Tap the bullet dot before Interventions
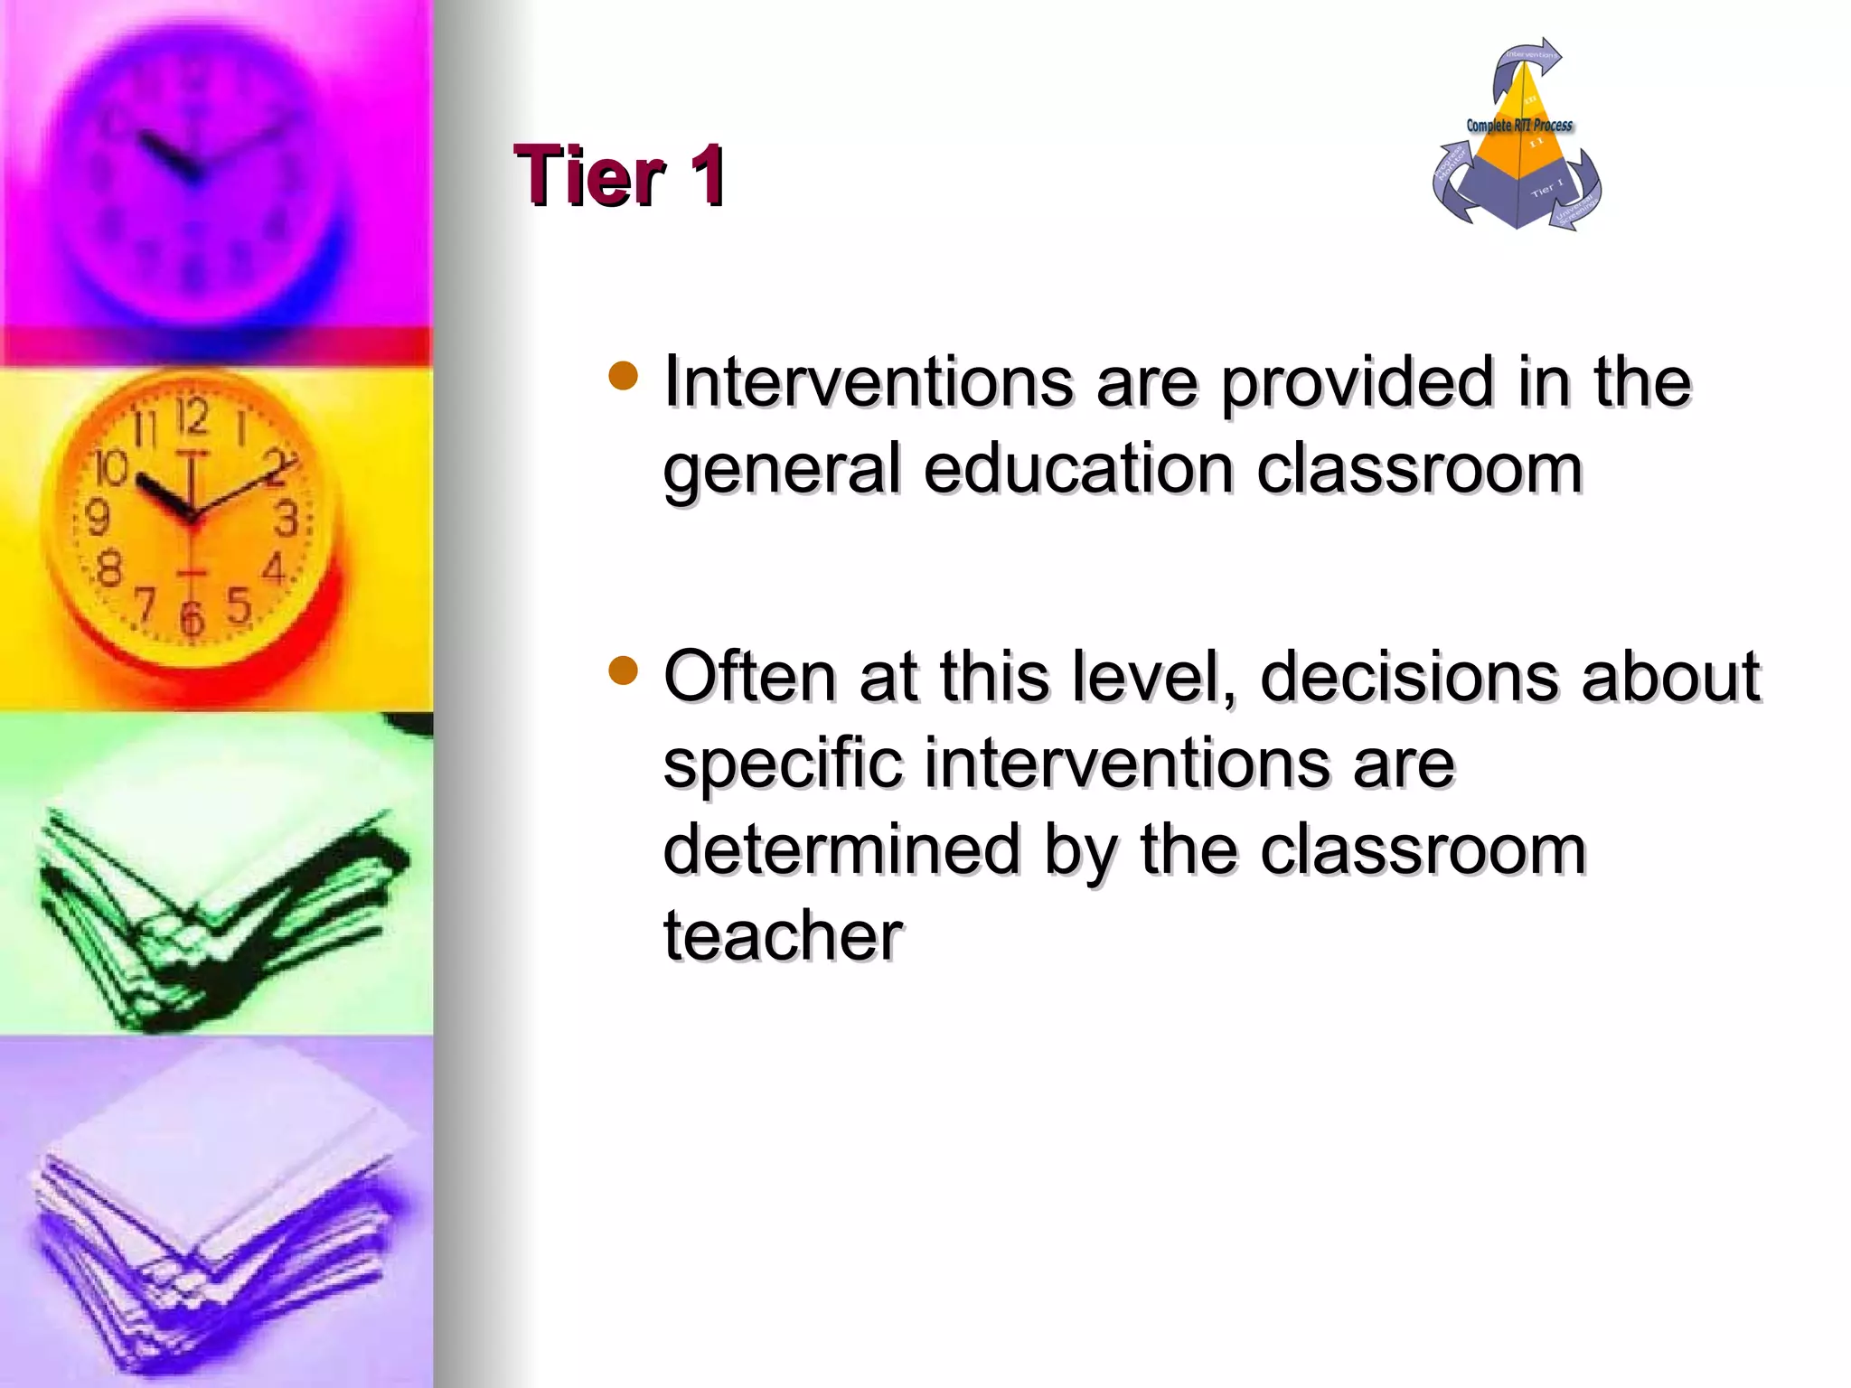point(624,375)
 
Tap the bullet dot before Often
point(624,671)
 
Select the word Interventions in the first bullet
point(869,381)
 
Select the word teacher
point(783,935)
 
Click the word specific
point(783,764)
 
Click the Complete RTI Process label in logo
point(1518,126)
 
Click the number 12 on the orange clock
point(192,417)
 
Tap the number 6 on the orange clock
point(191,619)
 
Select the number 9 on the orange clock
point(97,518)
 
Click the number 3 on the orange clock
point(286,520)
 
